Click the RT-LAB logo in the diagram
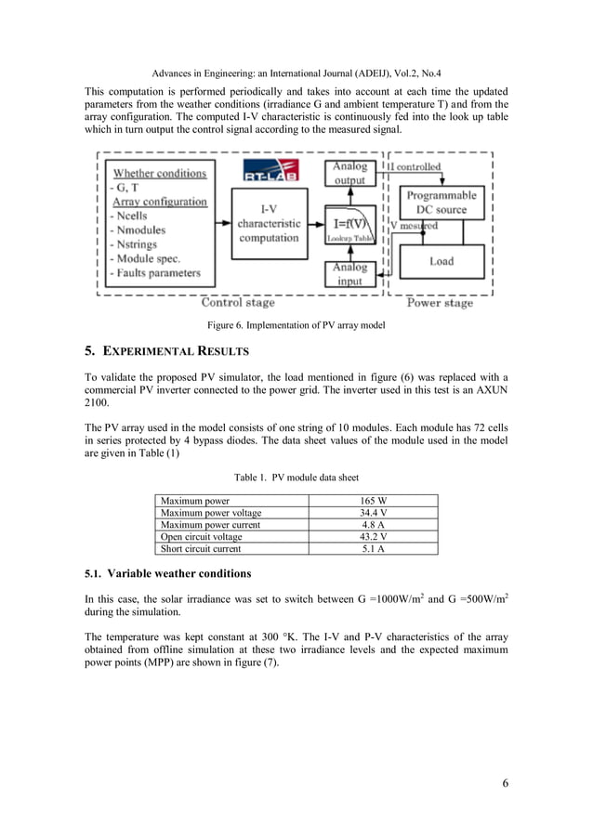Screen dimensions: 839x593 click(269, 173)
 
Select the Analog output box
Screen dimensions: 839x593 click(349, 174)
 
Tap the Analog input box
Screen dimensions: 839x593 click(349, 274)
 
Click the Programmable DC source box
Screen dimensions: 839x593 click(441, 203)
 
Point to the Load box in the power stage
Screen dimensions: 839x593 click(441, 262)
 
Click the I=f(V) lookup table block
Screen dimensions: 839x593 click(351, 229)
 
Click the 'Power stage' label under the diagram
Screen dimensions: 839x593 click(441, 302)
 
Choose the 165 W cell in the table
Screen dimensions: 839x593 click(374, 501)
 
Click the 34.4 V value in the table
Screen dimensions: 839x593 click(374, 513)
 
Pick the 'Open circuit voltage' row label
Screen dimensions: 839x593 click(201, 537)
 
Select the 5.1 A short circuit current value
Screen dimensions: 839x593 click(374, 549)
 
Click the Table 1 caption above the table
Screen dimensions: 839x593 click(296, 478)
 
